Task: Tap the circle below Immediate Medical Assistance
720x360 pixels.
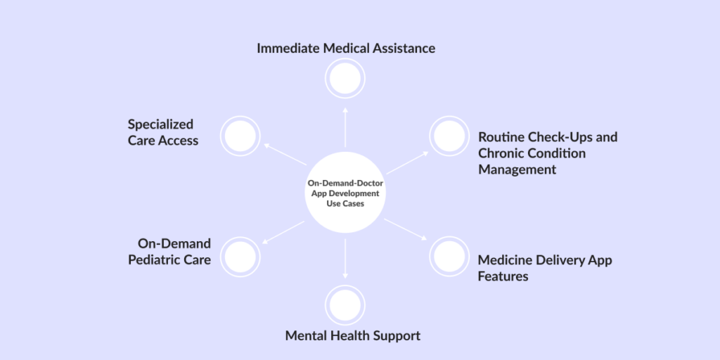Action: (345, 79)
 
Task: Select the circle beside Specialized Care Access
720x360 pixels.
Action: (240, 136)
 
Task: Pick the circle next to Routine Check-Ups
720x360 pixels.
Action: (449, 136)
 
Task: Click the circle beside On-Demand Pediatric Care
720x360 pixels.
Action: (240, 256)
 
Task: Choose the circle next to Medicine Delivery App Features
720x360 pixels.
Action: (449, 256)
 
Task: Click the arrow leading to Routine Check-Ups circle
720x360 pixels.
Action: (406, 162)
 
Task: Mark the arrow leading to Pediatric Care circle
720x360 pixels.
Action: (283, 232)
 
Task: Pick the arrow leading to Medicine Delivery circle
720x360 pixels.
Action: (406, 230)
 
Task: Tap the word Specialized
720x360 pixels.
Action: (160, 124)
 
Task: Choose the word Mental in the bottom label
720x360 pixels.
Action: (307, 335)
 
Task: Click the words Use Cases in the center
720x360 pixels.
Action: (345, 202)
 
